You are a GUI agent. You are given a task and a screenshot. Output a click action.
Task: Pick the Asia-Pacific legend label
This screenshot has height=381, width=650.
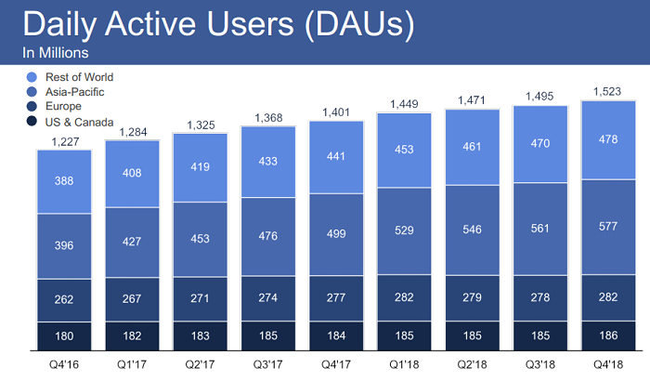74,93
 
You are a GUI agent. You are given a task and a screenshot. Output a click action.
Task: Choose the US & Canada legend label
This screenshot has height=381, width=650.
79,123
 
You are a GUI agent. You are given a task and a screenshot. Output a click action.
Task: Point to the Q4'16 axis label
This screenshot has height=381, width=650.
65,365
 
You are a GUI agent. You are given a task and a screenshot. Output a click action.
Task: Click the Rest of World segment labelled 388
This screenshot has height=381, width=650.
64,182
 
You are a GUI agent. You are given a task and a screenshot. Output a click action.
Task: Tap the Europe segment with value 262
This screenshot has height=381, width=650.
64,299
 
